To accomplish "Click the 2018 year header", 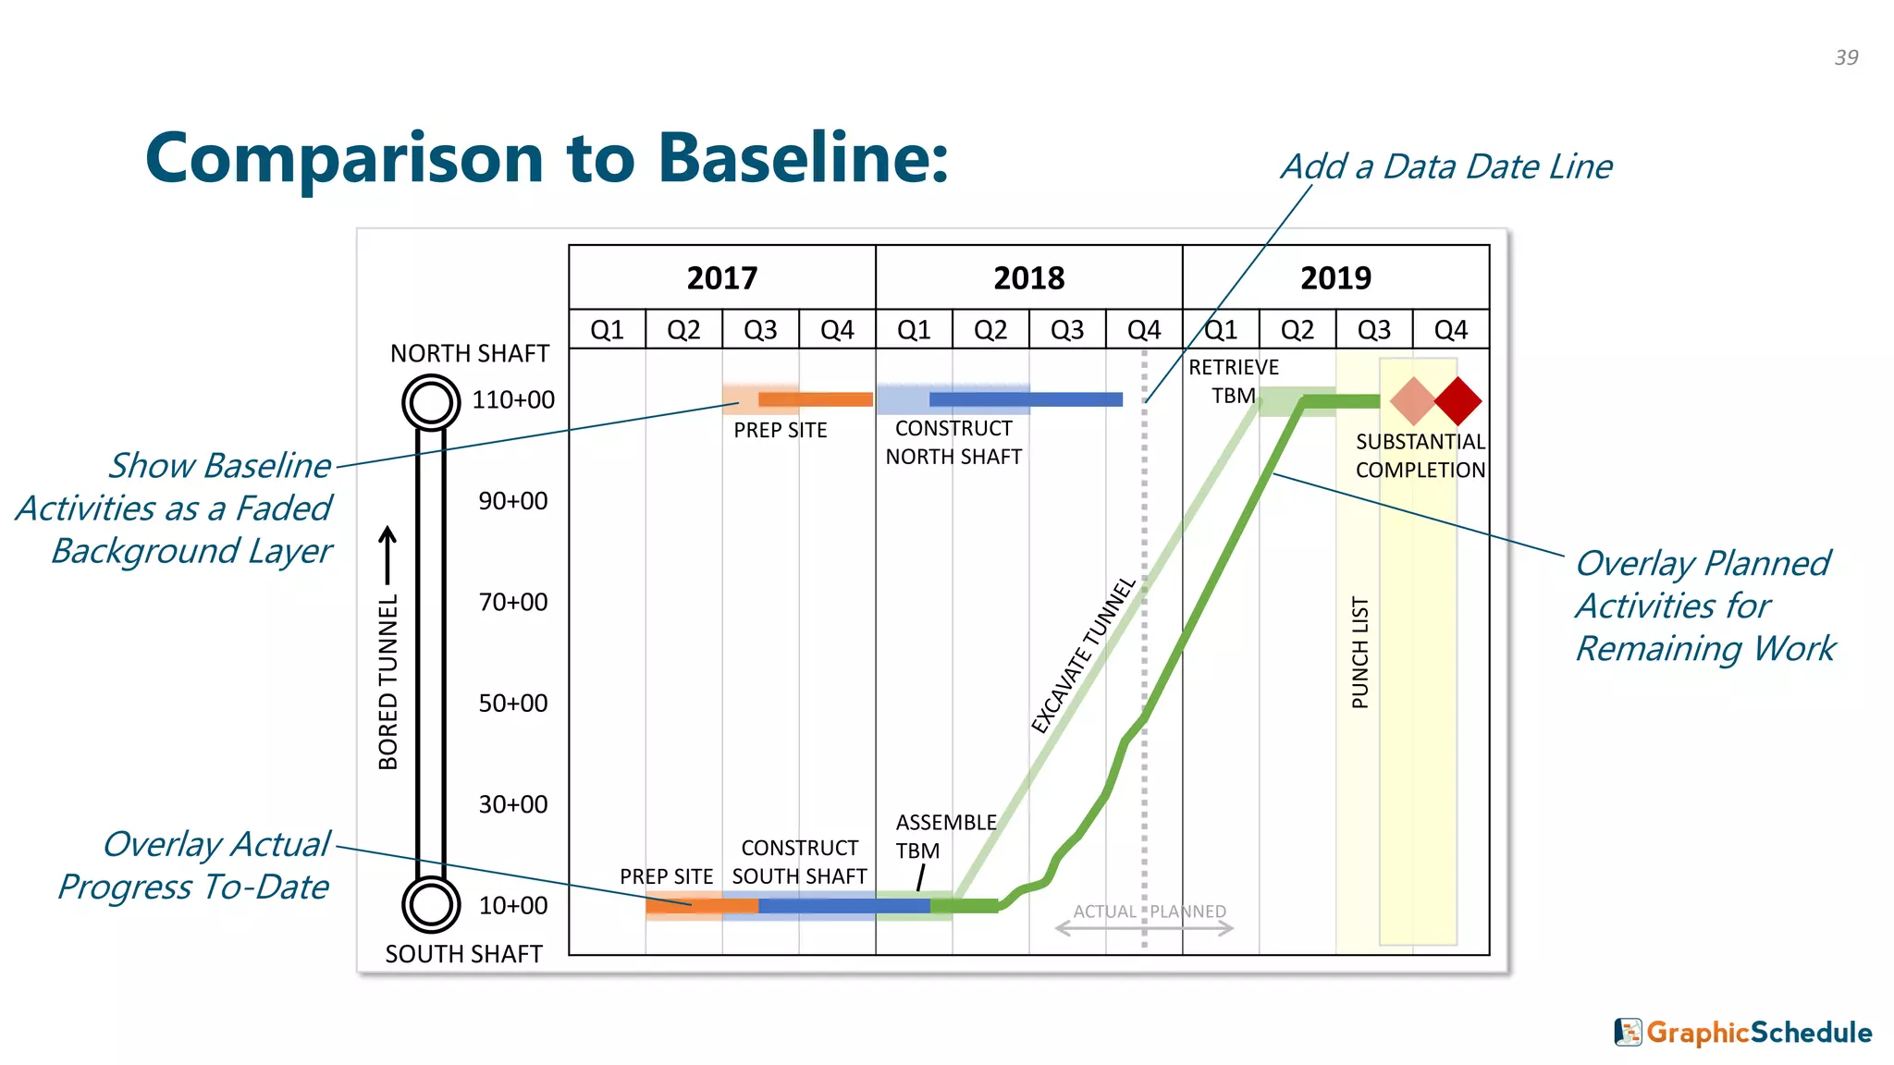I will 1028,277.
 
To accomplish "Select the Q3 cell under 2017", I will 760,330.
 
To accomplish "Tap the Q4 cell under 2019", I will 1450,330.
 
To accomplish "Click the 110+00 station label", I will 513,400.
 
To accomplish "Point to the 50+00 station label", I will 513,704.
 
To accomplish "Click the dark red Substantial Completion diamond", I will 1458,401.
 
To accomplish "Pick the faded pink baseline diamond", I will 1412,401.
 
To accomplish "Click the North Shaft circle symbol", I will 431,402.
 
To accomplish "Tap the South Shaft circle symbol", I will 431,904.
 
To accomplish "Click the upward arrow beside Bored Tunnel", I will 388,555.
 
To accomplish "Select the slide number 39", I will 1846,57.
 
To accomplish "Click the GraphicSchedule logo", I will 1743,1032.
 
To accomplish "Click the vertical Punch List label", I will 1359,653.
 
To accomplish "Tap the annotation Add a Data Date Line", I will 1446,167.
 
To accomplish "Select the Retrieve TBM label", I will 1234,381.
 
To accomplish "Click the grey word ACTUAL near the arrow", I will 1104,912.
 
